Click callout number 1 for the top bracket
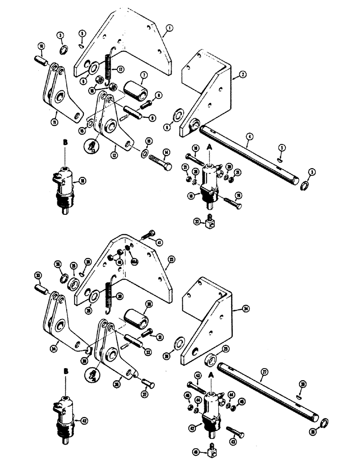[169, 28]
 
